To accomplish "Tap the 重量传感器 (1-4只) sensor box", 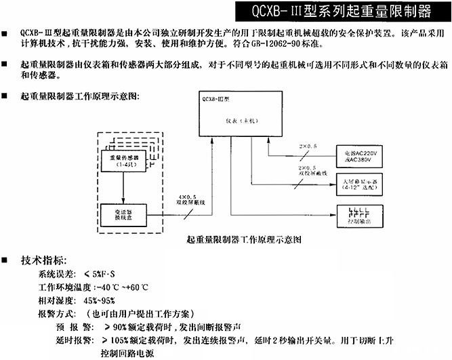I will pos(123,159).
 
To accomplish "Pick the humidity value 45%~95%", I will pos(100,300).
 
